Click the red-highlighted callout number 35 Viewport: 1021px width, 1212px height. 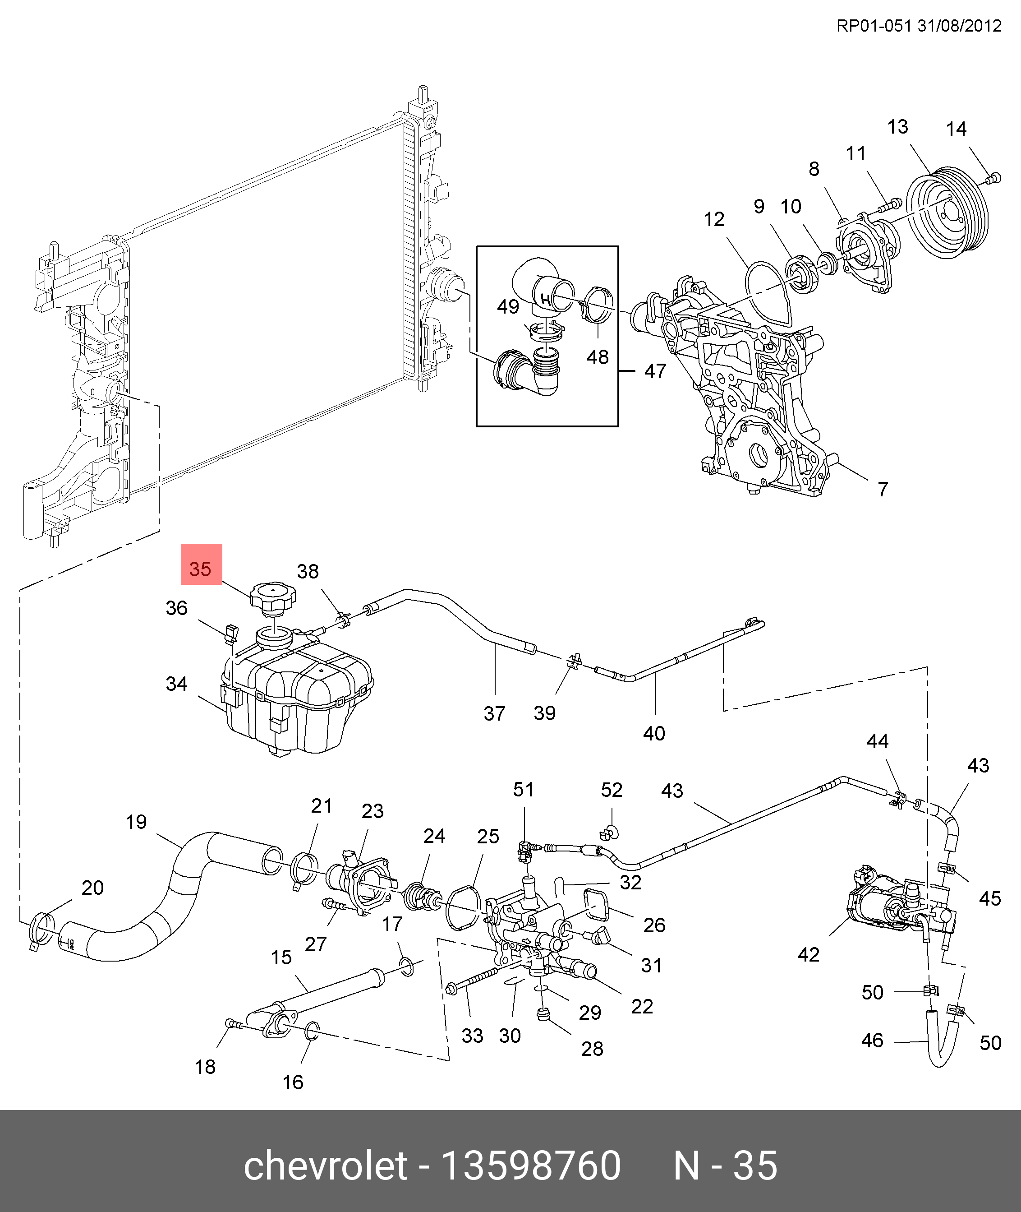point(201,569)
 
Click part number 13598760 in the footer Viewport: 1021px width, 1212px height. point(531,1165)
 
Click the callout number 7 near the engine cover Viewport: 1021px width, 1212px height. point(883,489)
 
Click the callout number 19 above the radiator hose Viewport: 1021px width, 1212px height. point(137,822)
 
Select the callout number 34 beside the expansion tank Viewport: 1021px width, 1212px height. point(176,684)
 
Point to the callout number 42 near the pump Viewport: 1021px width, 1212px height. point(809,954)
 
